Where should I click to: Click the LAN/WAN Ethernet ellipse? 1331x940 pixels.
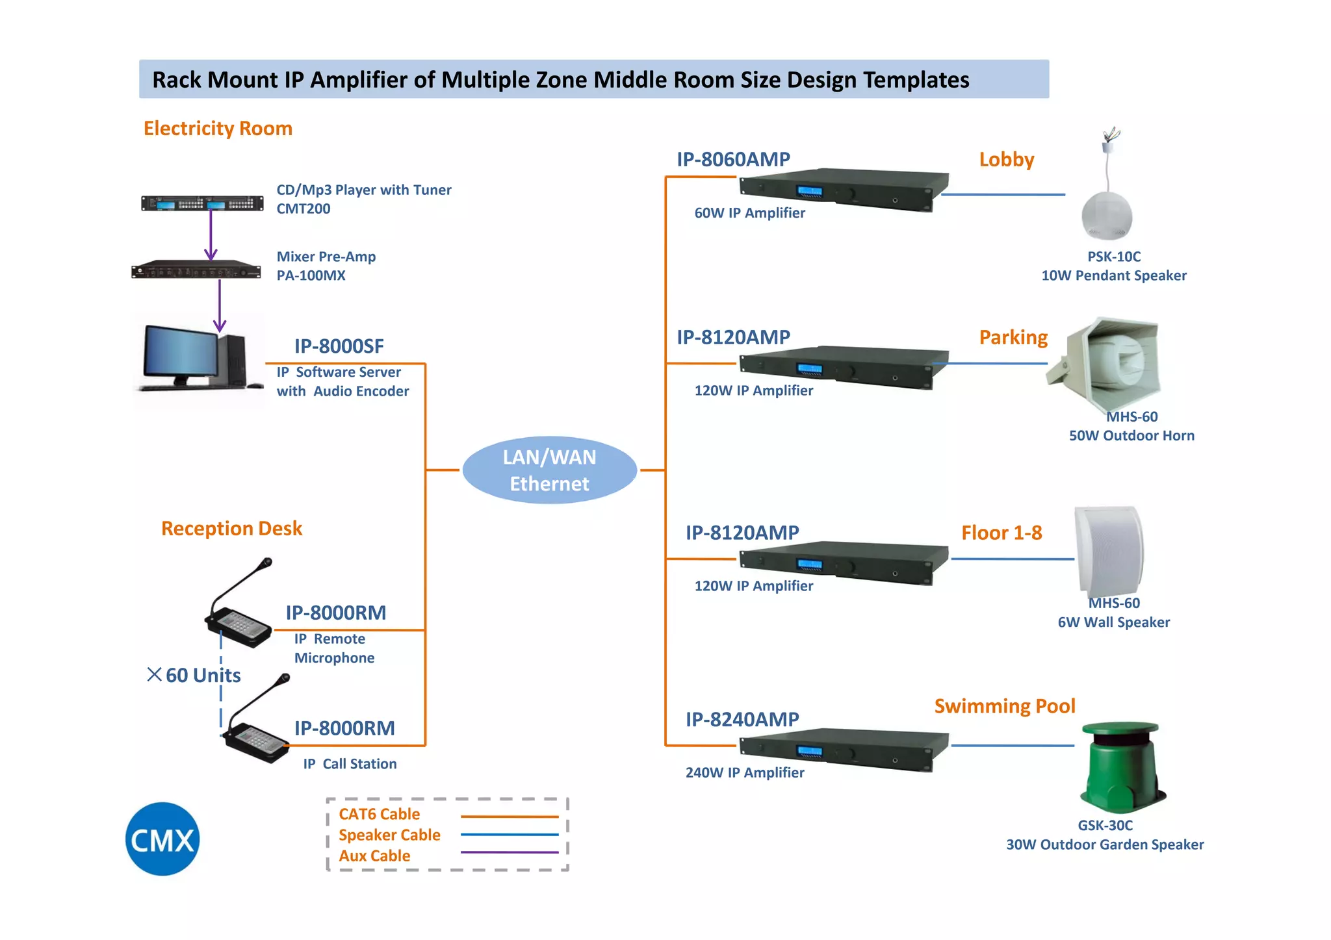[549, 470]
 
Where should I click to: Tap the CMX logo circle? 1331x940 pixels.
[162, 839]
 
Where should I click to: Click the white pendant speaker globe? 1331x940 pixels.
[1107, 216]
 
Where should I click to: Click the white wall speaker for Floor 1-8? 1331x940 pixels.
[1109, 551]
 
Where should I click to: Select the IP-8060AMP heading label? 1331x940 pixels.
[733, 159]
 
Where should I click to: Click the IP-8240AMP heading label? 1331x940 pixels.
[742, 719]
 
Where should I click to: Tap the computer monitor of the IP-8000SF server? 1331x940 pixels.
[181, 352]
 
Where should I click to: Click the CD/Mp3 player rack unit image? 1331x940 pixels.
[202, 203]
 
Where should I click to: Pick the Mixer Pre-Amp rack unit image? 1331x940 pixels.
[196, 270]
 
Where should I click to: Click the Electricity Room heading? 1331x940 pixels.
[218, 129]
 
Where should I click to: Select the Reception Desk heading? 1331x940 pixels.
[231, 528]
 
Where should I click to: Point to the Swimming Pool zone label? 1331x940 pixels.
[1004, 706]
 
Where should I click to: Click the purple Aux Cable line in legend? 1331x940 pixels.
[510, 852]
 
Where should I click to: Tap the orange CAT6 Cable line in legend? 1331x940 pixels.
[510, 817]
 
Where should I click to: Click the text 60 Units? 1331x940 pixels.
[203, 676]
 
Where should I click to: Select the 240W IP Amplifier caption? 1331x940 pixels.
[745, 772]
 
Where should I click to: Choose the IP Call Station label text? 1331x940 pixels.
[350, 764]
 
